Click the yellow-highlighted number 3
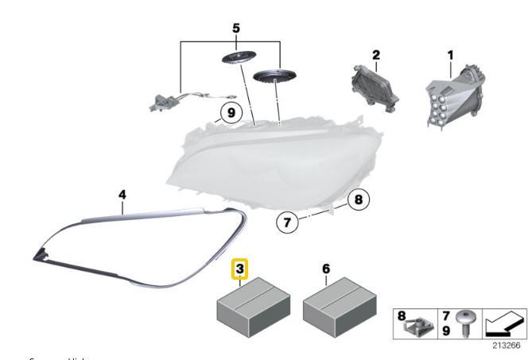click(x=239, y=270)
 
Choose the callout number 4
click(x=122, y=194)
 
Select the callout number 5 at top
click(x=235, y=28)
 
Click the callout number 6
click(x=326, y=270)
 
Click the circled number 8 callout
click(x=357, y=199)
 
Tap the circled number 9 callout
click(x=229, y=114)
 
